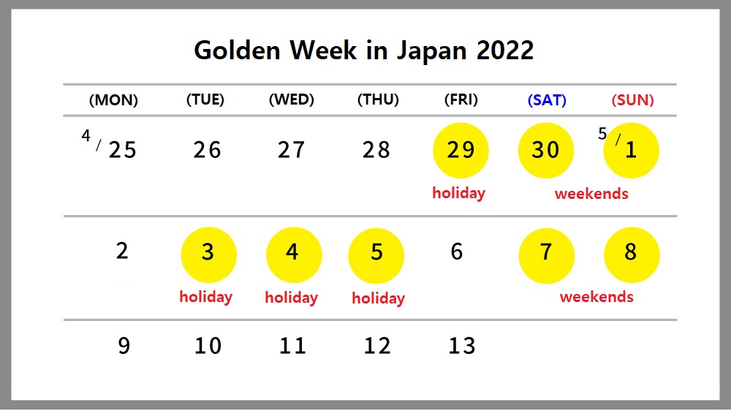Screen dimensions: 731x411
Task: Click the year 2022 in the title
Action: pyautogui.click(x=505, y=50)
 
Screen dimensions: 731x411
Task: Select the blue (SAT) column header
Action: pyautogui.click(x=547, y=100)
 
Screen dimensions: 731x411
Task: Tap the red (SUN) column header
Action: pyautogui.click(x=632, y=100)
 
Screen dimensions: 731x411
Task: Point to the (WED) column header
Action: pyautogui.click(x=292, y=99)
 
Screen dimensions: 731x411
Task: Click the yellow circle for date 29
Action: pyautogui.click(x=461, y=150)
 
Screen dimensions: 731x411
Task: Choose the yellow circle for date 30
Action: pyautogui.click(x=546, y=150)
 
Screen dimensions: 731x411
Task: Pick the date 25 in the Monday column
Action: pyautogui.click(x=123, y=150)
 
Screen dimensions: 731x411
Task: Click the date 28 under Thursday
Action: pyautogui.click(x=376, y=150)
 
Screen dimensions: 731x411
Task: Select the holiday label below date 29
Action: pyautogui.click(x=459, y=193)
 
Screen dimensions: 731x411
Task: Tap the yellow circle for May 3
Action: pyautogui.click(x=208, y=255)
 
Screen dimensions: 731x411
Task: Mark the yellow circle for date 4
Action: pyautogui.click(x=294, y=255)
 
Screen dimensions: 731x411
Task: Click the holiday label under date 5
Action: pyautogui.click(x=378, y=298)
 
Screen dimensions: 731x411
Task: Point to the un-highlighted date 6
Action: pyautogui.click(x=457, y=252)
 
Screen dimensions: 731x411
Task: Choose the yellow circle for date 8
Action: pyautogui.click(x=632, y=255)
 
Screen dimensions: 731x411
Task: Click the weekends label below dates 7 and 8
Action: pyautogui.click(x=596, y=297)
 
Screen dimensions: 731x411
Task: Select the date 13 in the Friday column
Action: pyautogui.click(x=462, y=346)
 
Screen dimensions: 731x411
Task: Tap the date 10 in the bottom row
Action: pyautogui.click(x=208, y=346)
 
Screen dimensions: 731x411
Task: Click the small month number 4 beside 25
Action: pyautogui.click(x=86, y=136)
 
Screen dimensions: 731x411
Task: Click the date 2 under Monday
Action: pyautogui.click(x=122, y=251)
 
